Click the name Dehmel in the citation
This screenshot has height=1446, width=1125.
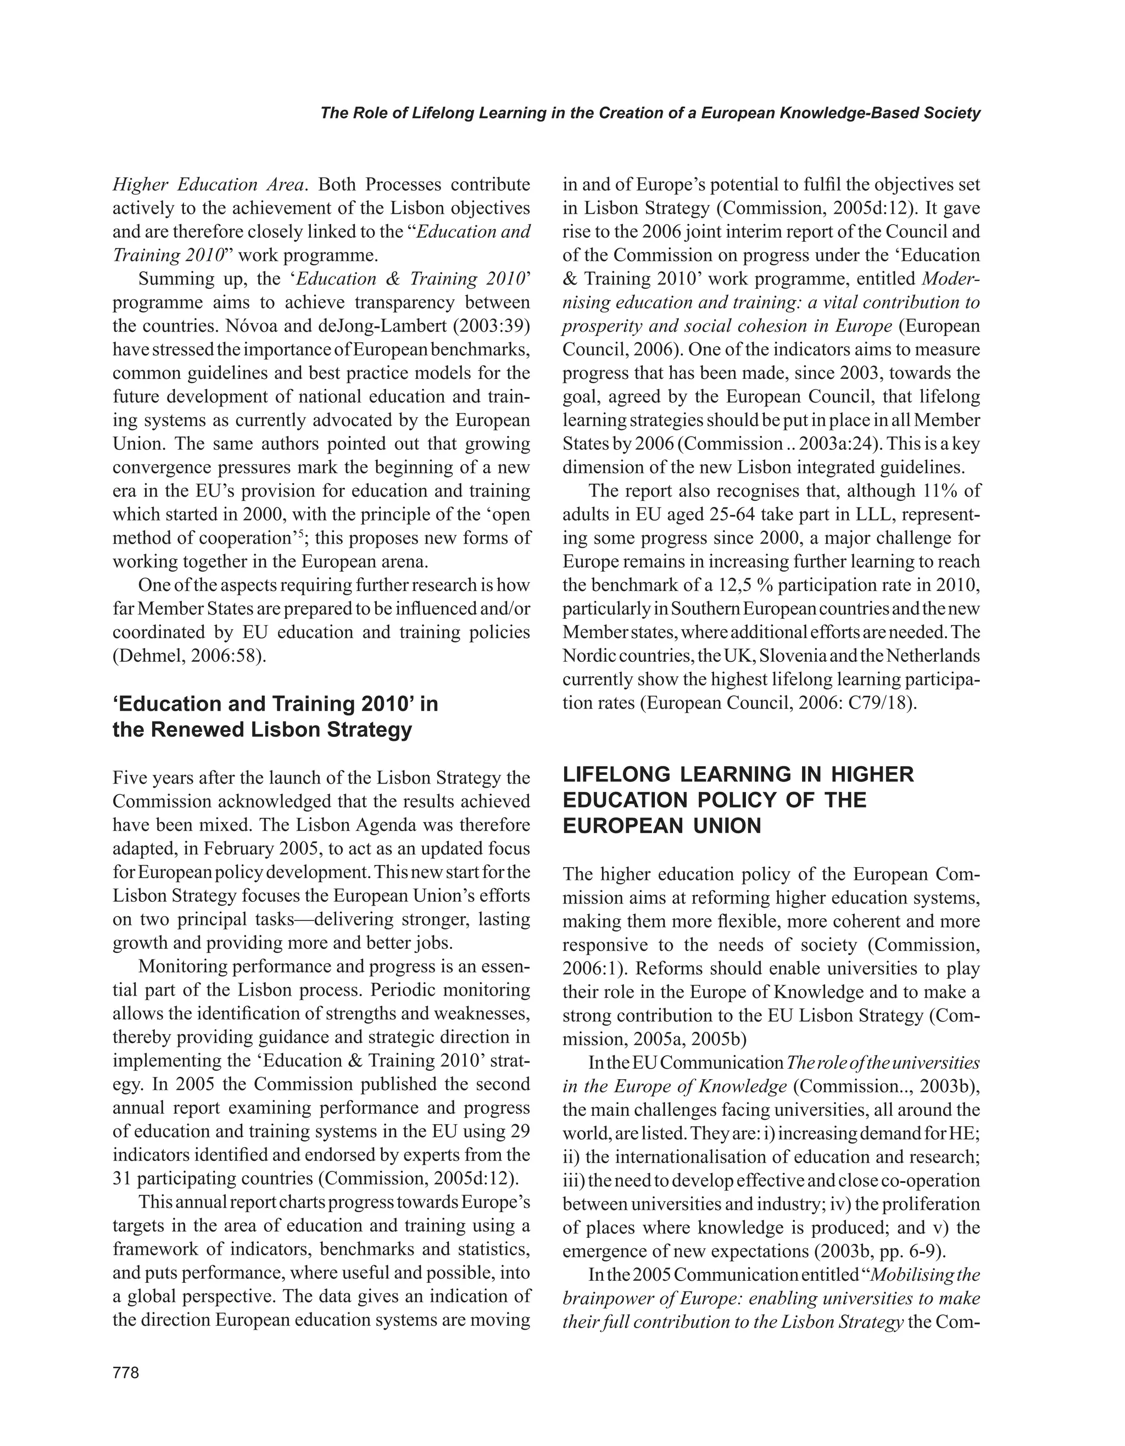point(149,656)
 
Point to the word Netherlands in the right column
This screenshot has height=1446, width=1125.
point(933,656)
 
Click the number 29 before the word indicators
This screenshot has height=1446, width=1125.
point(520,1131)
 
